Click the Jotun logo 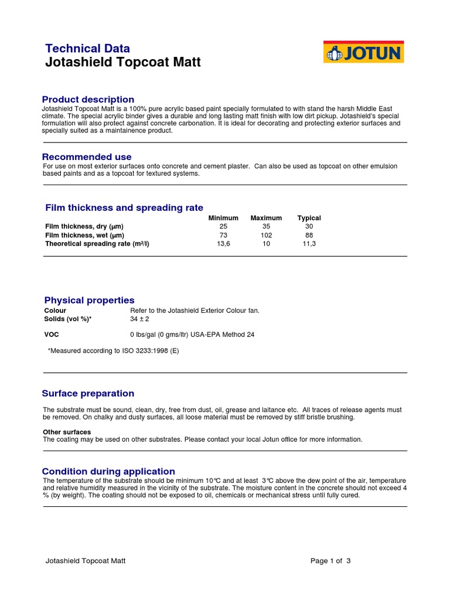click(363, 53)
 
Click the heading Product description click(88, 100)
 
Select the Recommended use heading click(87, 157)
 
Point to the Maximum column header click(266, 218)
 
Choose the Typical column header click(309, 218)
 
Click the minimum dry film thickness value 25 click(223, 226)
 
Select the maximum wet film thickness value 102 click(266, 235)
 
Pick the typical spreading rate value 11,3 click(309, 244)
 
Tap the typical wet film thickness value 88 click(309, 235)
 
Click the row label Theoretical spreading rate click(97, 244)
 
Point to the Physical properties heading click(90, 301)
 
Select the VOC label click(52, 335)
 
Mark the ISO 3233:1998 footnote click(113, 350)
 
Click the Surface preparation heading click(88, 394)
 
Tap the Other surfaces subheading click(67, 432)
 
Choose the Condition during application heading click(108, 472)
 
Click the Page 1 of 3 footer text click(330, 561)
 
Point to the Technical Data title click(88, 49)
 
